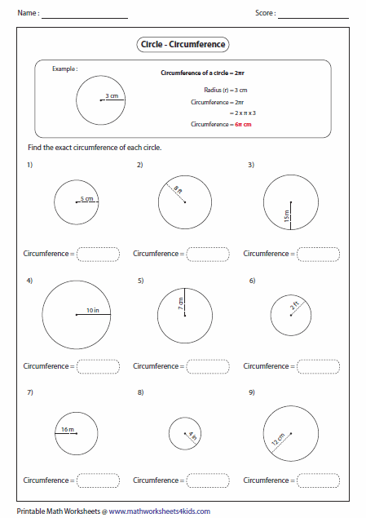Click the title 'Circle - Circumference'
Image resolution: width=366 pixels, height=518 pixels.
click(183, 46)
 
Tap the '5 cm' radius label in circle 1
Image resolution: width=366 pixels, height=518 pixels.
click(86, 199)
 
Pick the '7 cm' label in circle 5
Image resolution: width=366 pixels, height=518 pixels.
click(181, 303)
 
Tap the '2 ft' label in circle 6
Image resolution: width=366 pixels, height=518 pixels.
click(297, 308)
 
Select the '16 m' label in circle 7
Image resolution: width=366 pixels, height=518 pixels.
click(66, 428)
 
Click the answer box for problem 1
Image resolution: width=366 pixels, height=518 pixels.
click(98, 254)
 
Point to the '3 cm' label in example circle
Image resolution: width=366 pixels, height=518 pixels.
click(112, 96)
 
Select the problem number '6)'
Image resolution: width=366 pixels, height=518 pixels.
click(252, 281)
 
